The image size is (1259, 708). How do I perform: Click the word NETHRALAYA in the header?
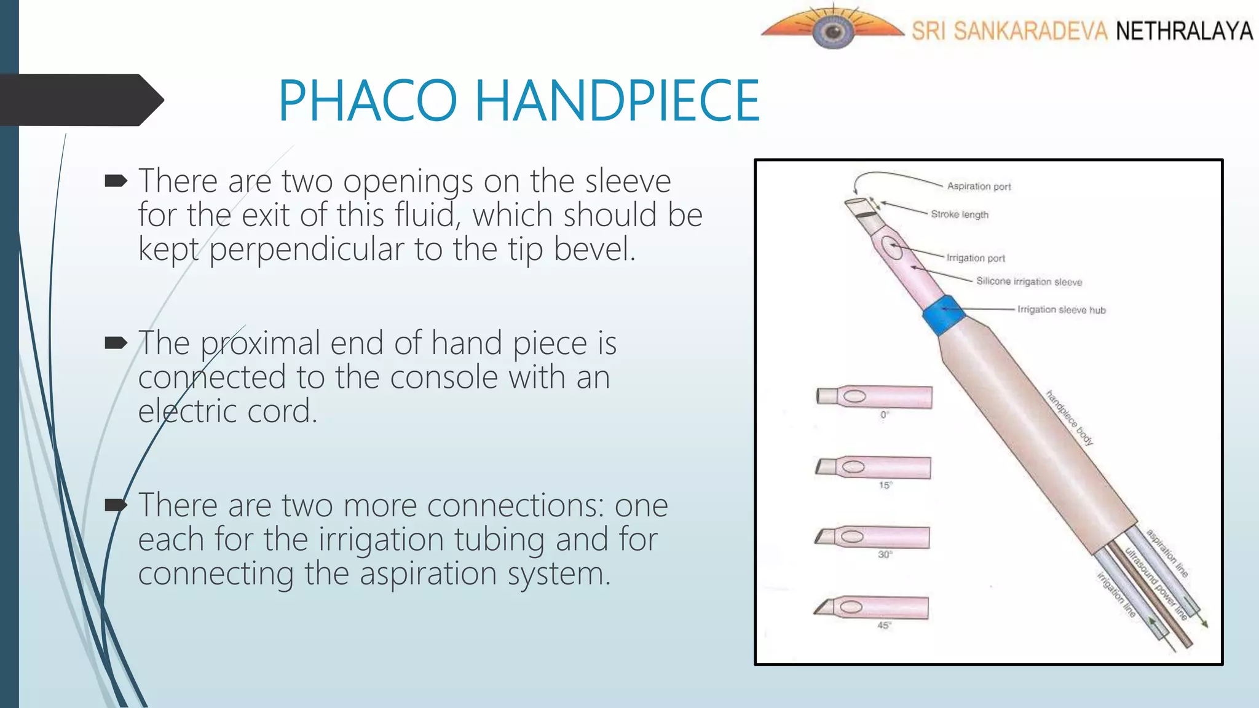(1184, 31)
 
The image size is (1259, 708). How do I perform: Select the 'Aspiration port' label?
(979, 186)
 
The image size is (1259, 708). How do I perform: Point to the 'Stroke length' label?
(960, 214)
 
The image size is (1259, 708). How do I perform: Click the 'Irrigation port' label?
(976, 258)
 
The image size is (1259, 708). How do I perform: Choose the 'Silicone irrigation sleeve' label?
(1029, 281)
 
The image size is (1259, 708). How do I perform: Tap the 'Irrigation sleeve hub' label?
(1061, 310)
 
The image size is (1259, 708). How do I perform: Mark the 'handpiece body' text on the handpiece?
(1069, 418)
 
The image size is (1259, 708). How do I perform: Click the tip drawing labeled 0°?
(874, 397)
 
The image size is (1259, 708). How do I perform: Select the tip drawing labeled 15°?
(873, 468)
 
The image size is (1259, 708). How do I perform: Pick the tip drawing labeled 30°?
(872, 537)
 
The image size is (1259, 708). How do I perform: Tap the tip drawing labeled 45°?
(871, 608)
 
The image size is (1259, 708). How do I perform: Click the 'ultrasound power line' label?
(1156, 583)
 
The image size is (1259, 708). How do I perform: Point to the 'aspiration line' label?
(1167, 553)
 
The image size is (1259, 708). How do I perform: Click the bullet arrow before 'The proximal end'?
(116, 342)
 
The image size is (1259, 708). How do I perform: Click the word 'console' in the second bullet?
(443, 377)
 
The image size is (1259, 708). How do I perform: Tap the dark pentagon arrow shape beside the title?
(80, 100)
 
